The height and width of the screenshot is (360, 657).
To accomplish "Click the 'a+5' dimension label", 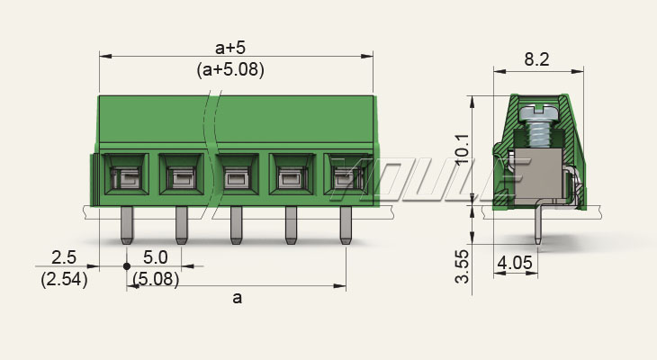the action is [230, 49].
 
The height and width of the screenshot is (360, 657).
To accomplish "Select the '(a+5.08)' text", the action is [230, 69].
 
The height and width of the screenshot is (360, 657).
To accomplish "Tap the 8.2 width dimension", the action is [536, 59].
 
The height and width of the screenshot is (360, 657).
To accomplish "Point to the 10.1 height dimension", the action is [463, 149].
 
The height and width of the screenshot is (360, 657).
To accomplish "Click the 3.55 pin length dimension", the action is [463, 266].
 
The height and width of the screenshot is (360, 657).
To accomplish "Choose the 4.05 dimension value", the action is [515, 263].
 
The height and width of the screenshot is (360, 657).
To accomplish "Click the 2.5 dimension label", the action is [64, 257].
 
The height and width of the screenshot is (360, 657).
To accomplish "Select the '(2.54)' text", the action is [64, 280].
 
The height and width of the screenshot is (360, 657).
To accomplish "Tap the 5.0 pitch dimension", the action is [155, 257].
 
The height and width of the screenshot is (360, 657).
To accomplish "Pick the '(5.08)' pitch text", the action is [156, 279].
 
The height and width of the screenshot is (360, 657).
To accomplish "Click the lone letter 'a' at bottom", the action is [238, 298].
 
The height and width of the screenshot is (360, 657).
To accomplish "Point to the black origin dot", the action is [127, 266].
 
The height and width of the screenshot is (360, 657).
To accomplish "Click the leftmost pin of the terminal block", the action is [127, 225].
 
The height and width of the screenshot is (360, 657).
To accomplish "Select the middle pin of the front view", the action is [237, 225].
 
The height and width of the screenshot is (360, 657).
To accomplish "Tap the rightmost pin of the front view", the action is [346, 225].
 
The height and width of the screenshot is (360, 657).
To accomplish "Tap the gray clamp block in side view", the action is [537, 176].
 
